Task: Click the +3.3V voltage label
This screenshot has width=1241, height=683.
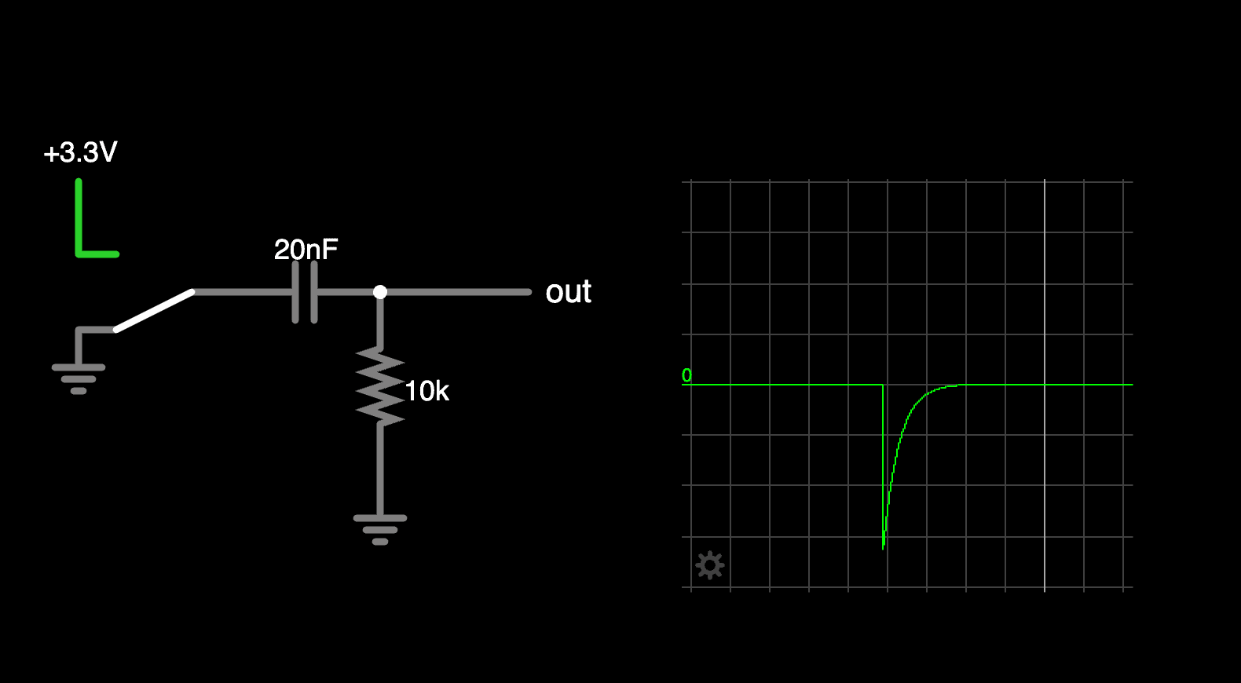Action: [80, 152]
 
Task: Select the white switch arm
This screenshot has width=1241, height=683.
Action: [155, 310]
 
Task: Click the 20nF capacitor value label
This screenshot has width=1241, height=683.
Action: [306, 250]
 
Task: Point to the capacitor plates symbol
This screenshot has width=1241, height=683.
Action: [305, 292]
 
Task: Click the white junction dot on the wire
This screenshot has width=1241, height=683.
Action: [380, 292]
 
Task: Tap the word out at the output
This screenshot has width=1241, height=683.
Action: [568, 292]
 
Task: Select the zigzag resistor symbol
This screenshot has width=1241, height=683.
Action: [380, 386]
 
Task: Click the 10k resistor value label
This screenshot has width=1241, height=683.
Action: [426, 391]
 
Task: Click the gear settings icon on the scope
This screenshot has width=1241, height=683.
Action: [710, 565]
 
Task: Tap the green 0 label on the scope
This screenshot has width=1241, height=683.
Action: [686, 375]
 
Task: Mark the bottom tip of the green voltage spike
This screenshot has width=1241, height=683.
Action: [884, 547]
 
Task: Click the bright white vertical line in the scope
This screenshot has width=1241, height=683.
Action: [1045, 314]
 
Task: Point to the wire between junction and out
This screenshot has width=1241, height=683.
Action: [456, 292]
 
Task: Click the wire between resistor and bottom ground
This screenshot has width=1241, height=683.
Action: [380, 471]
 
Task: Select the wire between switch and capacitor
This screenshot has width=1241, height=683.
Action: [243, 292]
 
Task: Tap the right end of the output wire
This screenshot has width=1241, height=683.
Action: [528, 292]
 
